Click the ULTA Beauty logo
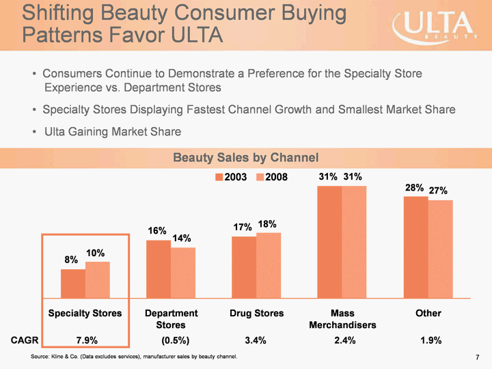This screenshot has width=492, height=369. click(x=434, y=27)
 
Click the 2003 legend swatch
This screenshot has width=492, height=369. click(x=219, y=177)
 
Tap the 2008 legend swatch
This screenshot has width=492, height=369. click(x=260, y=177)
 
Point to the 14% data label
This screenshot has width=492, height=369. click(x=181, y=238)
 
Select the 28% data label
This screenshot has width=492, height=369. click(x=414, y=188)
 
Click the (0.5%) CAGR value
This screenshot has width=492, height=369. click(x=172, y=340)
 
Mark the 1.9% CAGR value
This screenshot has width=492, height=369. click(x=430, y=340)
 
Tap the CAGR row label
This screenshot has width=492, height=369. click(x=24, y=340)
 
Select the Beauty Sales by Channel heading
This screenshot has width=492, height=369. click(x=245, y=158)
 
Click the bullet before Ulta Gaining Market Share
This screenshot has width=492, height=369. click(x=34, y=131)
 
